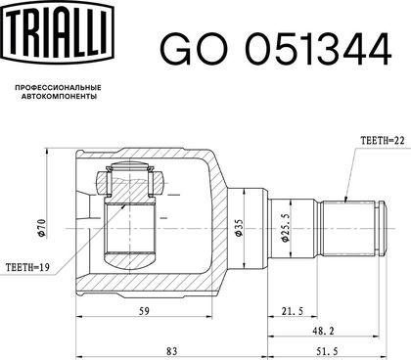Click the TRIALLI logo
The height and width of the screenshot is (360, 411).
pos(58,30)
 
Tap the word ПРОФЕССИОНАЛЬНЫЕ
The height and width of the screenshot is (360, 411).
pos(59,88)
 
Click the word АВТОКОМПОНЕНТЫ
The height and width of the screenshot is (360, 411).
pos(59,97)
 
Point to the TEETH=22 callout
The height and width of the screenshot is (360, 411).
pos(383,141)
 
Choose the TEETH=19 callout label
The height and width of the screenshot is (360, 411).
pos(27,268)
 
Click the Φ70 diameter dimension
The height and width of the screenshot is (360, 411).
pos(41,228)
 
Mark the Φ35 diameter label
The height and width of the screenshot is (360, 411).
pos(239,228)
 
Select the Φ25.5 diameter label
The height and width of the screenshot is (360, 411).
pos(285,228)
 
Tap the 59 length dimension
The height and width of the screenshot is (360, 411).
pos(144,311)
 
